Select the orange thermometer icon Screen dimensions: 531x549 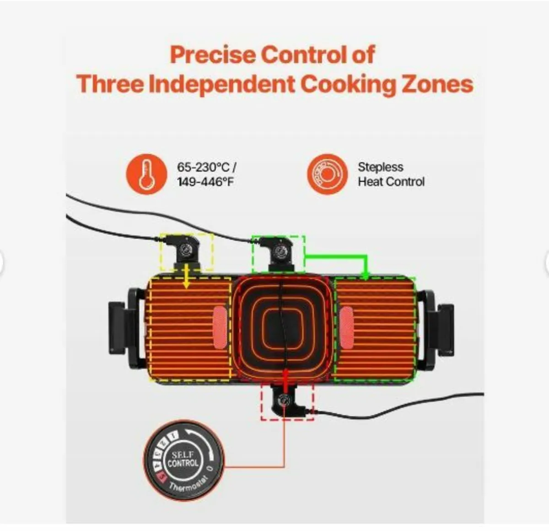(146, 173)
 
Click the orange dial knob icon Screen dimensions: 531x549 (327, 174)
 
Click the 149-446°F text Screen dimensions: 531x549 (205, 182)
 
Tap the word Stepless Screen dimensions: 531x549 (380, 167)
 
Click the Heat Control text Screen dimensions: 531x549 (391, 182)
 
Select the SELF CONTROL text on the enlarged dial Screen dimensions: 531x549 (183, 459)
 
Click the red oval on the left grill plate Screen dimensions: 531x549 (219, 326)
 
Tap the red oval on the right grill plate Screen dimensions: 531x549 (346, 326)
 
